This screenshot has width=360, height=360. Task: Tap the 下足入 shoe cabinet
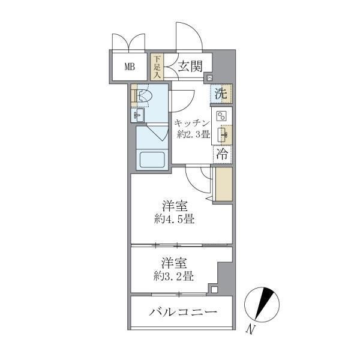tap(157, 67)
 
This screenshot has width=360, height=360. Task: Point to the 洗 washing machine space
tap(221, 94)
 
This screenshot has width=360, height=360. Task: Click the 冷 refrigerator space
tap(221, 154)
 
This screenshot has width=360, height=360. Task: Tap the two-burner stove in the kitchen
tap(221, 116)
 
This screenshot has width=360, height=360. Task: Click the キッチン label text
tap(192, 123)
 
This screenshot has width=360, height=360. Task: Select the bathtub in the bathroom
tap(151, 160)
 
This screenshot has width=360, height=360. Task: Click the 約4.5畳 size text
tap(173, 219)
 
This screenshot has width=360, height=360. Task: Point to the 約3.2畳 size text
tap(172, 277)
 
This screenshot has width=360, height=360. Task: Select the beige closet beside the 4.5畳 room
tap(223, 184)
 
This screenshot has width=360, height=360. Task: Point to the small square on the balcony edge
tap(214, 290)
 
